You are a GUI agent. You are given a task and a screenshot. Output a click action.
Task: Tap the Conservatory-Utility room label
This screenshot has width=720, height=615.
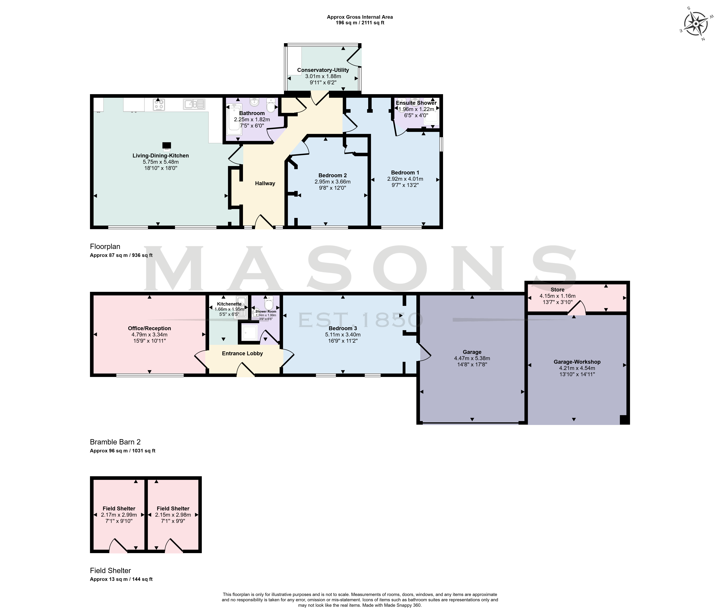click(323, 70)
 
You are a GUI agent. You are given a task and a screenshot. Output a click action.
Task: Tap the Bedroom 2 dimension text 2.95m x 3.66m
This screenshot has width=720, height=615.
click(332, 182)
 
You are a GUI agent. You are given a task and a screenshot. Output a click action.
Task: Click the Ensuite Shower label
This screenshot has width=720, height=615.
click(416, 103)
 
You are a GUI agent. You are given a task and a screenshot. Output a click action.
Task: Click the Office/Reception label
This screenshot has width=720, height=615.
click(149, 328)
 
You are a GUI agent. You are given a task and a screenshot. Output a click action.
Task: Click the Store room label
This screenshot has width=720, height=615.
click(557, 290)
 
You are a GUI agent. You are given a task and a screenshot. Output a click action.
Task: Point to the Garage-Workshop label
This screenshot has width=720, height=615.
click(577, 362)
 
